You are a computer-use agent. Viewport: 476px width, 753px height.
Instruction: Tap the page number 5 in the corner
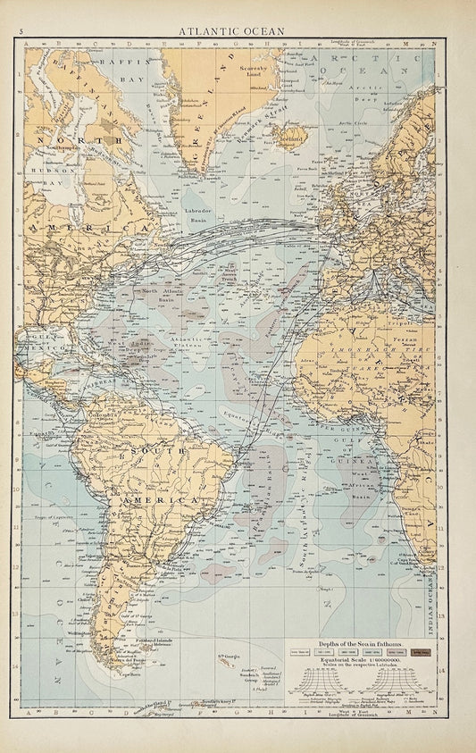[x=8, y=29]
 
